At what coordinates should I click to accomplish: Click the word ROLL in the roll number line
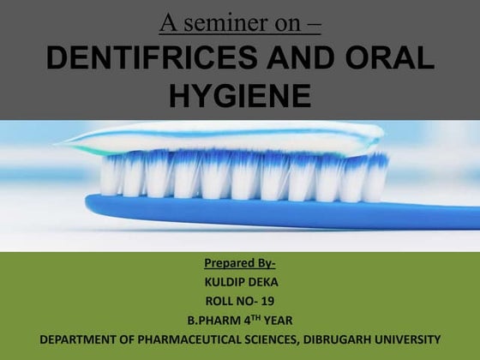coord(221,301)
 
